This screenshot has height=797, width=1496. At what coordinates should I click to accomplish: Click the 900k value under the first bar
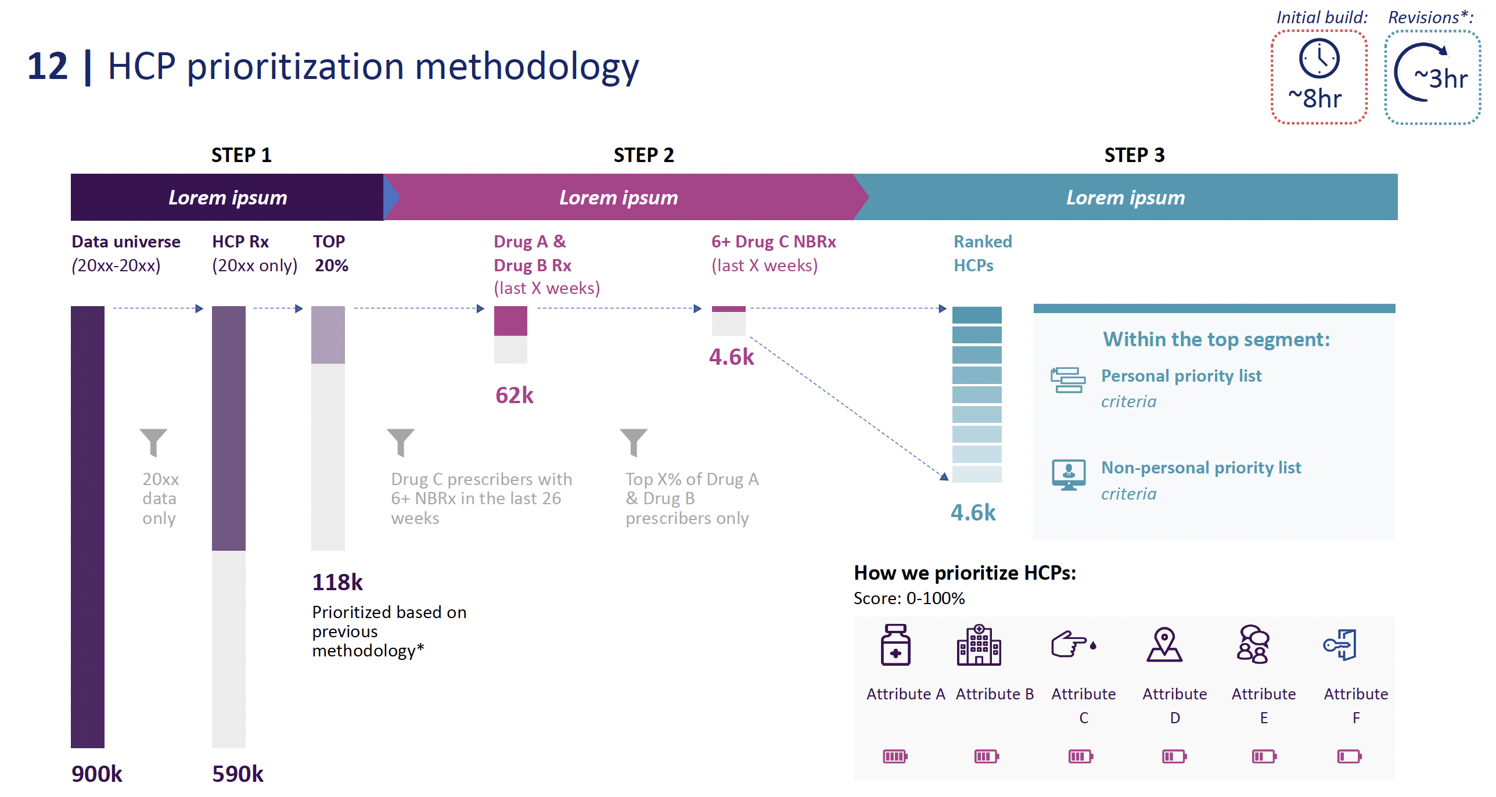click(x=96, y=774)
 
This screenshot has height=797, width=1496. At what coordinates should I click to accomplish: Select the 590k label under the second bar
click(x=238, y=774)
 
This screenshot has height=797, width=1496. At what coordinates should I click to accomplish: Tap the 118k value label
click(x=337, y=582)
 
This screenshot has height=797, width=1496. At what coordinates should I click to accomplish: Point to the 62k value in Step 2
click(x=514, y=395)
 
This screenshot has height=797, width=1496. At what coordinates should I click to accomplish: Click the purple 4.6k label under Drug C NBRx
click(x=731, y=357)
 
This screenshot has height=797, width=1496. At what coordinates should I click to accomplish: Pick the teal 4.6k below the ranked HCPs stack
click(x=973, y=512)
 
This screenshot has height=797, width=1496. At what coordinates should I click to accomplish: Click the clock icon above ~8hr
click(x=1319, y=59)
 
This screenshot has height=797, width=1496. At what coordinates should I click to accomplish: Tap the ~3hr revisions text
click(x=1440, y=78)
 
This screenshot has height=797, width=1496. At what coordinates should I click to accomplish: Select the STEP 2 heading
click(x=643, y=155)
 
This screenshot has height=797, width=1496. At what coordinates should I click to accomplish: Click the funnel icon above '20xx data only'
click(x=153, y=442)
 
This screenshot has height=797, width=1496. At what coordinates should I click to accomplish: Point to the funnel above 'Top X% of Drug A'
click(x=633, y=442)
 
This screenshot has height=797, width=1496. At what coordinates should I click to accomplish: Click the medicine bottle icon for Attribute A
click(x=896, y=645)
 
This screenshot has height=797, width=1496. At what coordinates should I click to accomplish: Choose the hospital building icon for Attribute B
click(x=979, y=645)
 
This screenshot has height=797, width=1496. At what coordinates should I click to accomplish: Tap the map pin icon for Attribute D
click(x=1164, y=645)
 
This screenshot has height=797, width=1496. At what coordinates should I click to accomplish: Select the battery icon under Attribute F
click(x=1349, y=756)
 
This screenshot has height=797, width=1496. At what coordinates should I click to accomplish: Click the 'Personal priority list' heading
click(x=1181, y=376)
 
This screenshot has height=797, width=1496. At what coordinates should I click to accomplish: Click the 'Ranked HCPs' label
click(x=982, y=253)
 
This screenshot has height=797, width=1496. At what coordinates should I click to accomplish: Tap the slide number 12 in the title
click(x=48, y=66)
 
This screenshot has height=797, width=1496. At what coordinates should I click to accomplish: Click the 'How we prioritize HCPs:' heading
click(x=965, y=573)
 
